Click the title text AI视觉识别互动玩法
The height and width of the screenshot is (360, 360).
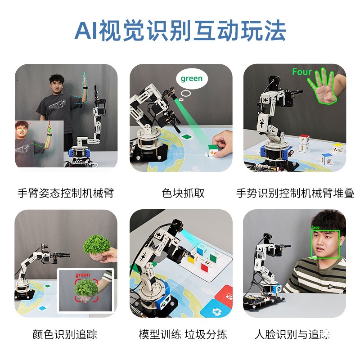(x=180, y=31)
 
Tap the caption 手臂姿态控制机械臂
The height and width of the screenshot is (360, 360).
(x=65, y=193)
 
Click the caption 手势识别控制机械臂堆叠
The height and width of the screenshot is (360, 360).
(x=295, y=193)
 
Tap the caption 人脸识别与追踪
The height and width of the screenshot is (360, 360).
(x=292, y=334)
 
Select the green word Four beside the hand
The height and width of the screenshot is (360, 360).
(x=301, y=72)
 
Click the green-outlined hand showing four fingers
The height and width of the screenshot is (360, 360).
(x=323, y=87)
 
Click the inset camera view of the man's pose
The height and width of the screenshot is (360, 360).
(x=39, y=144)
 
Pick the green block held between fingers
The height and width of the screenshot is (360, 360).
(x=213, y=148)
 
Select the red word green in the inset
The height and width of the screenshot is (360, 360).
(x=83, y=275)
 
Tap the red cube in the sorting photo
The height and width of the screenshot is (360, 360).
(x=206, y=266)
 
